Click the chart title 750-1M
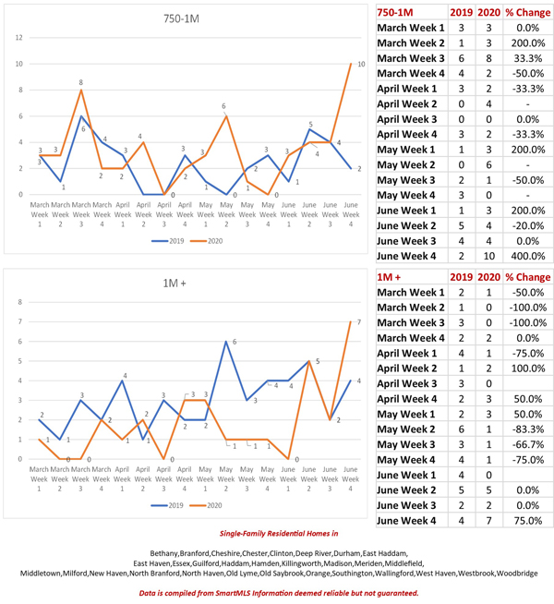click(185, 18)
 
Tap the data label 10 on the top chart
click(360, 63)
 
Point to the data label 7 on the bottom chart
click(360, 322)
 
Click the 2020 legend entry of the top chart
click(212, 241)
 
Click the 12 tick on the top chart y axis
click(19, 37)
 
